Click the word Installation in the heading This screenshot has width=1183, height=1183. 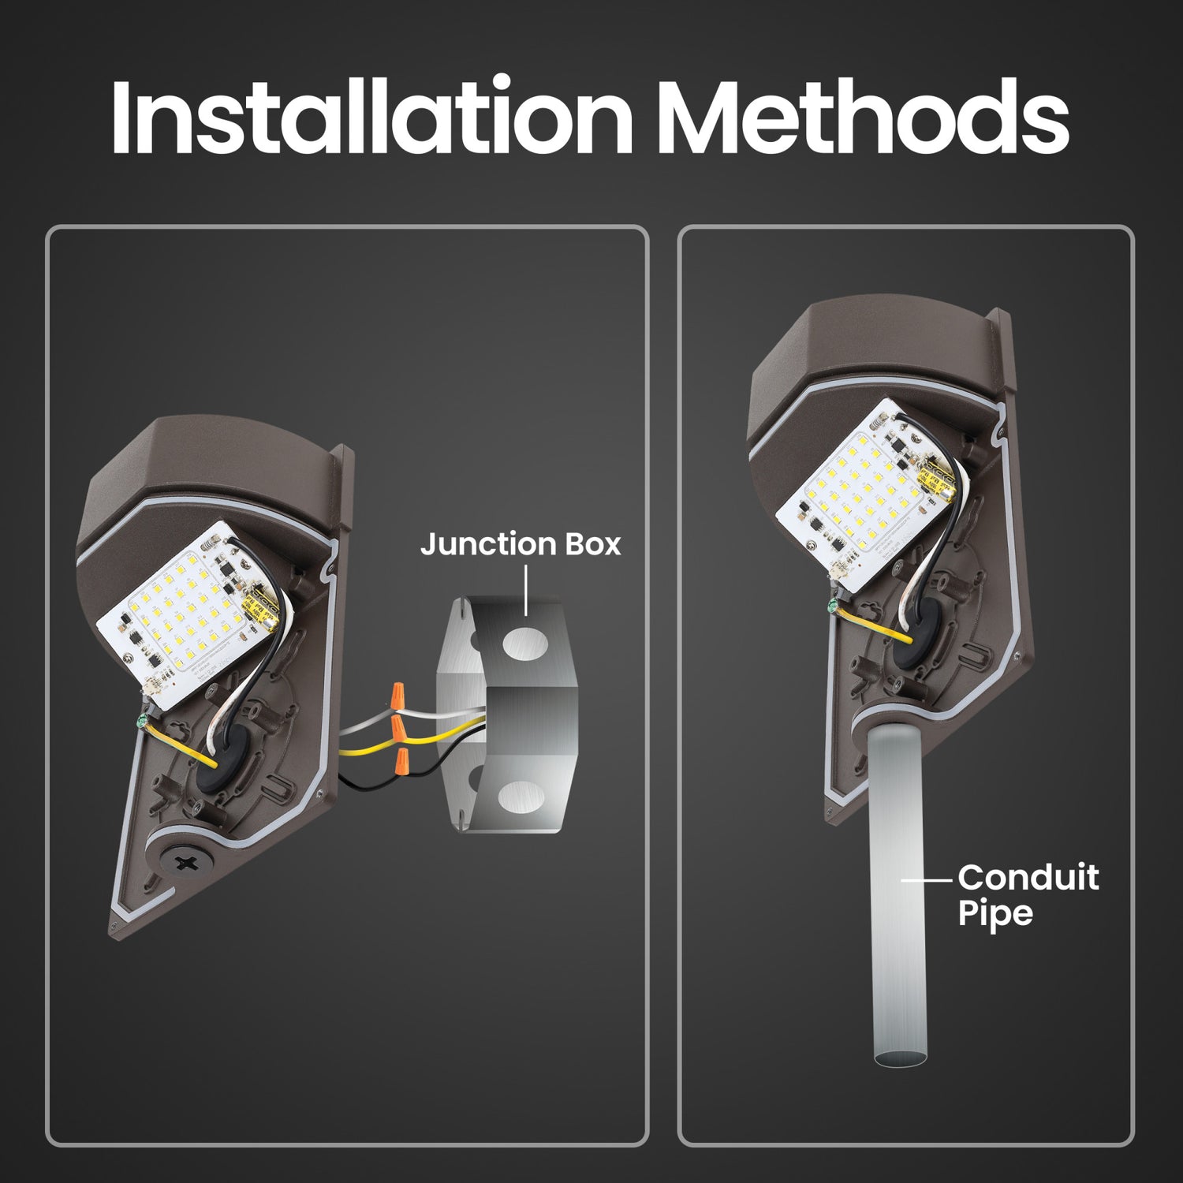pos(371,117)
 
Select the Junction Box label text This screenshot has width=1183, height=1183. pos(521,544)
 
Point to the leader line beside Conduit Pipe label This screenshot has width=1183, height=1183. pos(927,879)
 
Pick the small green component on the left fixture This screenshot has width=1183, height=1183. pos(142,720)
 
